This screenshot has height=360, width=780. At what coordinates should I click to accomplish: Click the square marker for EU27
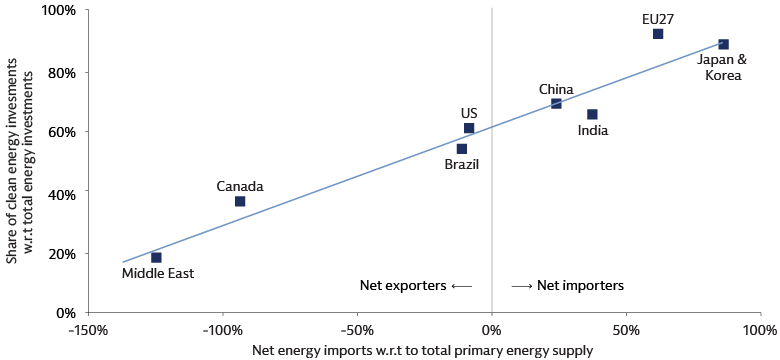tap(658, 34)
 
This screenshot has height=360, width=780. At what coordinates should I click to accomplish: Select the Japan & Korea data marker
tap(723, 44)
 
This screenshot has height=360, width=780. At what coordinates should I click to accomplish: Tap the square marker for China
tap(556, 103)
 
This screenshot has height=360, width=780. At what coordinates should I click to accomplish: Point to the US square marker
tap(469, 128)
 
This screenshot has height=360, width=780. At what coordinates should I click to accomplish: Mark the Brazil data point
tap(461, 148)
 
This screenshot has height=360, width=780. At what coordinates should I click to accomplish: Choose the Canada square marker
tap(240, 201)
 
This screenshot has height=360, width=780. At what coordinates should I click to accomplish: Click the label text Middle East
tap(157, 273)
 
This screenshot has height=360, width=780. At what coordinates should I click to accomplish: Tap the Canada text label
tap(240, 186)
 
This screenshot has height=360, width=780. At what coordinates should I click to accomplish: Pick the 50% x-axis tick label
tap(625, 329)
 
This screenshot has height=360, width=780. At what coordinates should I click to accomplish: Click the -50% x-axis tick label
tap(356, 329)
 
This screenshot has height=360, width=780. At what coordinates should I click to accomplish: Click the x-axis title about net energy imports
tap(424, 350)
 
